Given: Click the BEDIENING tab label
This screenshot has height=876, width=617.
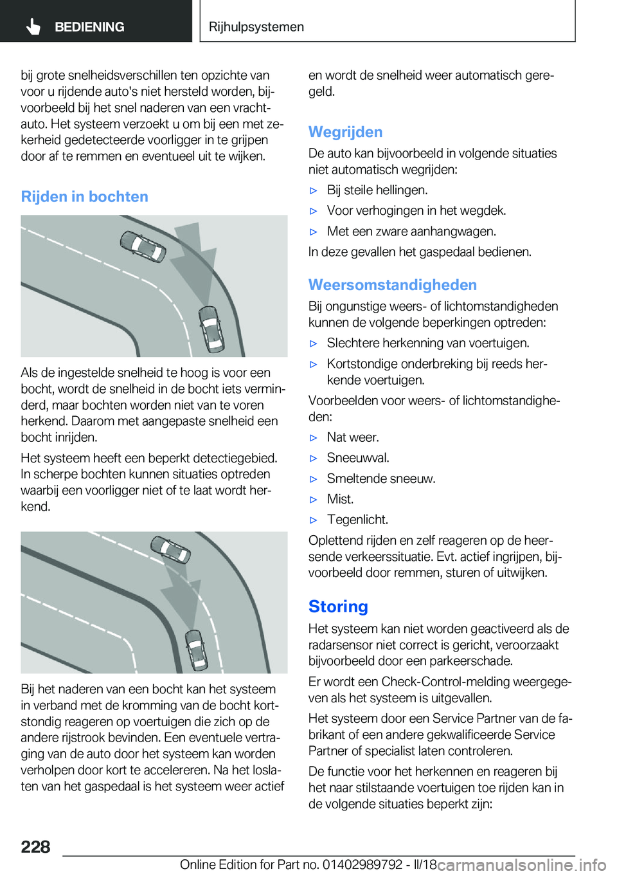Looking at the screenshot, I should (x=89, y=27).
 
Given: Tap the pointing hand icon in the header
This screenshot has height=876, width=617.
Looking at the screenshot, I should (x=33, y=26).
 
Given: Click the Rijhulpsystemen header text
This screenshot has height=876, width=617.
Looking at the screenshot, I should (x=256, y=27).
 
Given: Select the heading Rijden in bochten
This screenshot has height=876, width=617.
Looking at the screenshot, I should (x=84, y=197).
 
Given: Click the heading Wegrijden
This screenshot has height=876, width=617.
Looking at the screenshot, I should (x=345, y=132).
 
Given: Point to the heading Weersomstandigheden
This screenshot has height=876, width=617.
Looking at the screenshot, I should (x=392, y=285).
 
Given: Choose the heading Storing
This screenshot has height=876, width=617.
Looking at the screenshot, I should (x=338, y=607).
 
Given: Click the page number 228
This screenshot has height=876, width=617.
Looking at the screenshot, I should (x=35, y=846).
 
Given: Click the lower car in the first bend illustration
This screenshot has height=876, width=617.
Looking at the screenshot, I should (x=210, y=328).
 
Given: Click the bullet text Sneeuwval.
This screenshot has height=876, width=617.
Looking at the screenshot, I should (x=358, y=458).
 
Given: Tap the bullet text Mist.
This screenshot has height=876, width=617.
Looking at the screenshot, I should (x=340, y=499).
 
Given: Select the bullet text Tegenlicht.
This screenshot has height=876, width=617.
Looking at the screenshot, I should (x=357, y=520).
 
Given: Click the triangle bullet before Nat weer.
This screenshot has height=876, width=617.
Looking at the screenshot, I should (x=314, y=438).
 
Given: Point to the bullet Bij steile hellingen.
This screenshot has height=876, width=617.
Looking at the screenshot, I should (x=377, y=190).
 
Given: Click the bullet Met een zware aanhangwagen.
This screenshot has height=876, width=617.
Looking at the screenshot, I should (x=411, y=232).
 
